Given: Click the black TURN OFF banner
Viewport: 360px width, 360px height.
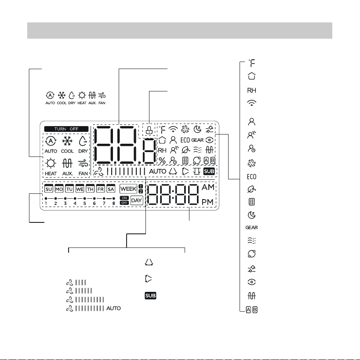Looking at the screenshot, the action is point(66,129).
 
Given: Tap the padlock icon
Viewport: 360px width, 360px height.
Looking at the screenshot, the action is point(149,130).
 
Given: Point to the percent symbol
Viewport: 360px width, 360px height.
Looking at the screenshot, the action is point(162,160).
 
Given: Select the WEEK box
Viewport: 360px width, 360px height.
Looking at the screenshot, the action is point(128,189).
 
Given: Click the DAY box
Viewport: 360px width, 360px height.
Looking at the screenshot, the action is point(136,200).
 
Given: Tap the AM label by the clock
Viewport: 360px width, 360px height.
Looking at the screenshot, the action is point(208,187).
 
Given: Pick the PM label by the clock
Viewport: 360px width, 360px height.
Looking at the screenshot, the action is point(207,202).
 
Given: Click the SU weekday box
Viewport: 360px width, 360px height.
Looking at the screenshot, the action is point(49,189).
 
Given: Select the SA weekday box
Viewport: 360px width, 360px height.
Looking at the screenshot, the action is point(111,189).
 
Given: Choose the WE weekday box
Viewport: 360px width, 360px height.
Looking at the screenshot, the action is point(80,189).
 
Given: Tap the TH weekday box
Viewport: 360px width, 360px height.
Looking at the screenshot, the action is point(90,189).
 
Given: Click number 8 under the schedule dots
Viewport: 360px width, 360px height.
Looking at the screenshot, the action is point(114,204).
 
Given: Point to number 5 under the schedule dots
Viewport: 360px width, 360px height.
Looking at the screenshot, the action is point(84,204).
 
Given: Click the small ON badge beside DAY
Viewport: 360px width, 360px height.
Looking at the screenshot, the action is point(124,198).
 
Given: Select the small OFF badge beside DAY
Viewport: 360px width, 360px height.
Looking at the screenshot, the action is point(124,203).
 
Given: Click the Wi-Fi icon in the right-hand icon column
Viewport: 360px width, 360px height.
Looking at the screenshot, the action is point(251,102).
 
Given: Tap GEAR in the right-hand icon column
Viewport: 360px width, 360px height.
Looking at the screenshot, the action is point(251,228).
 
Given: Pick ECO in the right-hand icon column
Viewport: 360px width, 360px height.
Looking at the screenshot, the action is point(251,177).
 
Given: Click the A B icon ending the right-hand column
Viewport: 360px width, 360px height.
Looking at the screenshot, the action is point(251,310).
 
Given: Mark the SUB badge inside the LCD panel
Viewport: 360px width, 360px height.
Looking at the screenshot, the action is point(209,171).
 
